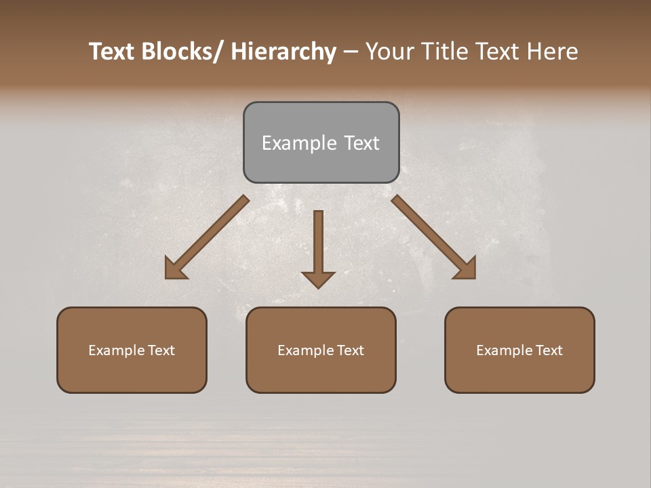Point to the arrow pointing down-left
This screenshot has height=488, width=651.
207,237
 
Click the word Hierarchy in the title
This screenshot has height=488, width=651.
283,52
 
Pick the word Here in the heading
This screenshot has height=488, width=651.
553,52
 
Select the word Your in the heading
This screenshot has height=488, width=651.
389,52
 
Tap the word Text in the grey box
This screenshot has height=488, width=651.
361,143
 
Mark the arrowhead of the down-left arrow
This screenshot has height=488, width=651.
174,268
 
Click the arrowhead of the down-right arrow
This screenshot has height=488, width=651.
467,268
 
